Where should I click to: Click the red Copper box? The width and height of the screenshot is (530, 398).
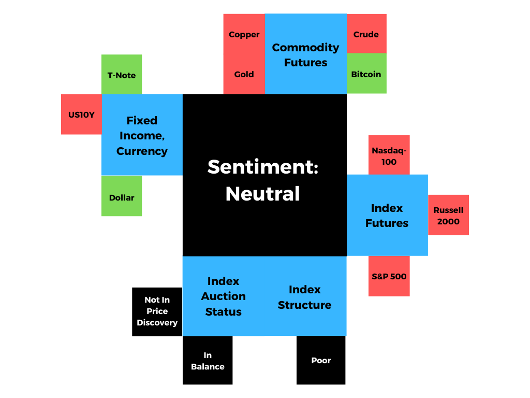point(244,34)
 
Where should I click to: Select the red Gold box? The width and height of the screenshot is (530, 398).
point(244,74)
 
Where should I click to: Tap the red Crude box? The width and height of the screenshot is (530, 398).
point(366,34)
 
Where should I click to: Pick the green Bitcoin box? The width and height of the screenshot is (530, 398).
point(366,74)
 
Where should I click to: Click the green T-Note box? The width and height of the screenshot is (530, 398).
point(122,75)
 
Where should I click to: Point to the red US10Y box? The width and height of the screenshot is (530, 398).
point(81,115)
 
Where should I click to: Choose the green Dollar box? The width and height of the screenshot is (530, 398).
point(122,197)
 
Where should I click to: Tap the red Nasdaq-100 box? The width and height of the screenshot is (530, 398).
point(389,155)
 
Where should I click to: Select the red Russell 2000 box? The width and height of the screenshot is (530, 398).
point(448,216)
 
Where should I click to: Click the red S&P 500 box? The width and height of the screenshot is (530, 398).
point(389,276)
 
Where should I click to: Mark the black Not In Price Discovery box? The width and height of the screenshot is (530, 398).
point(157,311)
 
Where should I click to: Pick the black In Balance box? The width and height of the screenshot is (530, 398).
point(208,361)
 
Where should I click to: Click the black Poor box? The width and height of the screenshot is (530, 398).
point(321,360)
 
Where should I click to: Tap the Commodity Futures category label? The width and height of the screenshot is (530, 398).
point(305,55)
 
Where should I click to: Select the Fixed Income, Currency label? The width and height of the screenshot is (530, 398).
point(142,136)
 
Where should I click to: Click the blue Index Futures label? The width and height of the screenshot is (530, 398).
point(387,216)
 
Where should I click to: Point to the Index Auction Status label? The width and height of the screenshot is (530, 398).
point(223,296)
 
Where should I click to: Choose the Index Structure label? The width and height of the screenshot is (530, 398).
point(304,297)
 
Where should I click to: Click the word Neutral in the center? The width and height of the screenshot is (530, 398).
point(262,194)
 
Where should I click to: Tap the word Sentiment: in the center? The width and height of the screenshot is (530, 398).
point(262,166)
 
